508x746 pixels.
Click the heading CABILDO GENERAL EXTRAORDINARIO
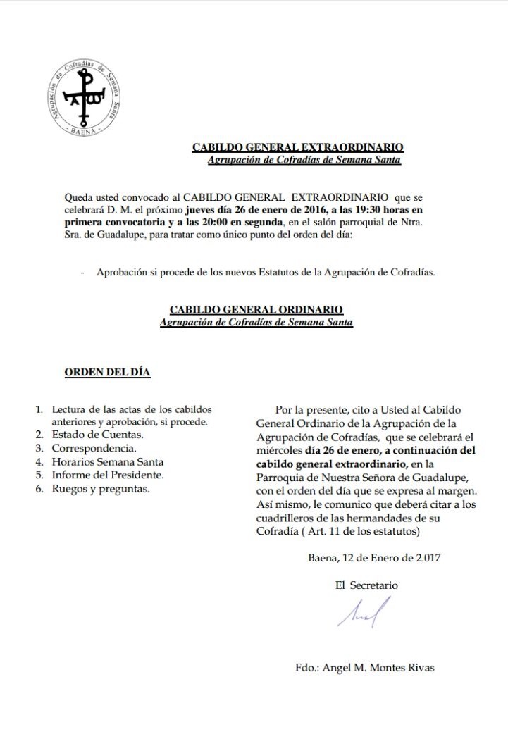298,148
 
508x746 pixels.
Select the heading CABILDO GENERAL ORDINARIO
256,310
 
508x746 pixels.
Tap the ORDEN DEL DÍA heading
107,372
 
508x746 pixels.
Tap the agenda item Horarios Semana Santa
107,461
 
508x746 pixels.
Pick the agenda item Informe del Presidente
107,475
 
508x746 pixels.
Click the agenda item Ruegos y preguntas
100,488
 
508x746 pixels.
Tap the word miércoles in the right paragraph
278,450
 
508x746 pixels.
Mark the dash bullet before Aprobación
83,273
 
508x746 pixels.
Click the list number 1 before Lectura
39,409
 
